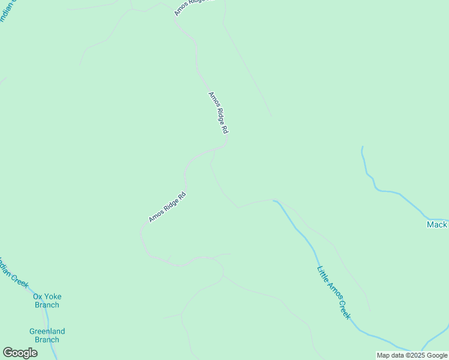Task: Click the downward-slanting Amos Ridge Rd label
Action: click(x=218, y=113)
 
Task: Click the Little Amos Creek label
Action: click(x=334, y=292)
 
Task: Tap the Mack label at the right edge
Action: click(x=437, y=224)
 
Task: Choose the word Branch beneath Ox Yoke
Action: click(x=47, y=305)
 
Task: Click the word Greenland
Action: click(x=47, y=331)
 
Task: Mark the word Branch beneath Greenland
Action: click(x=47, y=340)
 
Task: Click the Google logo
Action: click(x=20, y=353)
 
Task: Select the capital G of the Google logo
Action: click(x=8, y=353)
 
